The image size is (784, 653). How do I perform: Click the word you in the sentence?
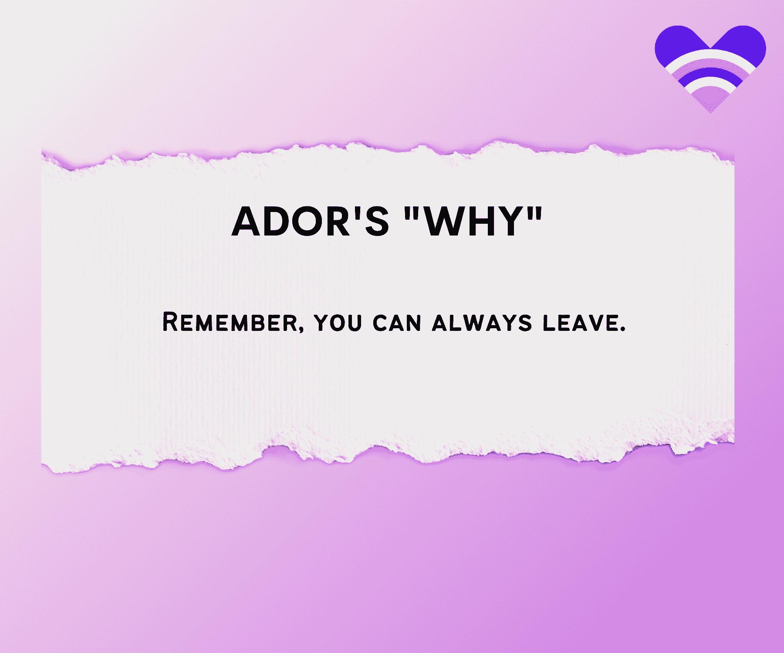pyautogui.click(x=338, y=323)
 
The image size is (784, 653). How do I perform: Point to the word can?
pyautogui.click(x=397, y=323)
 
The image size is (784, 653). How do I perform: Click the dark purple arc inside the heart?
pyautogui.click(x=710, y=72)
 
